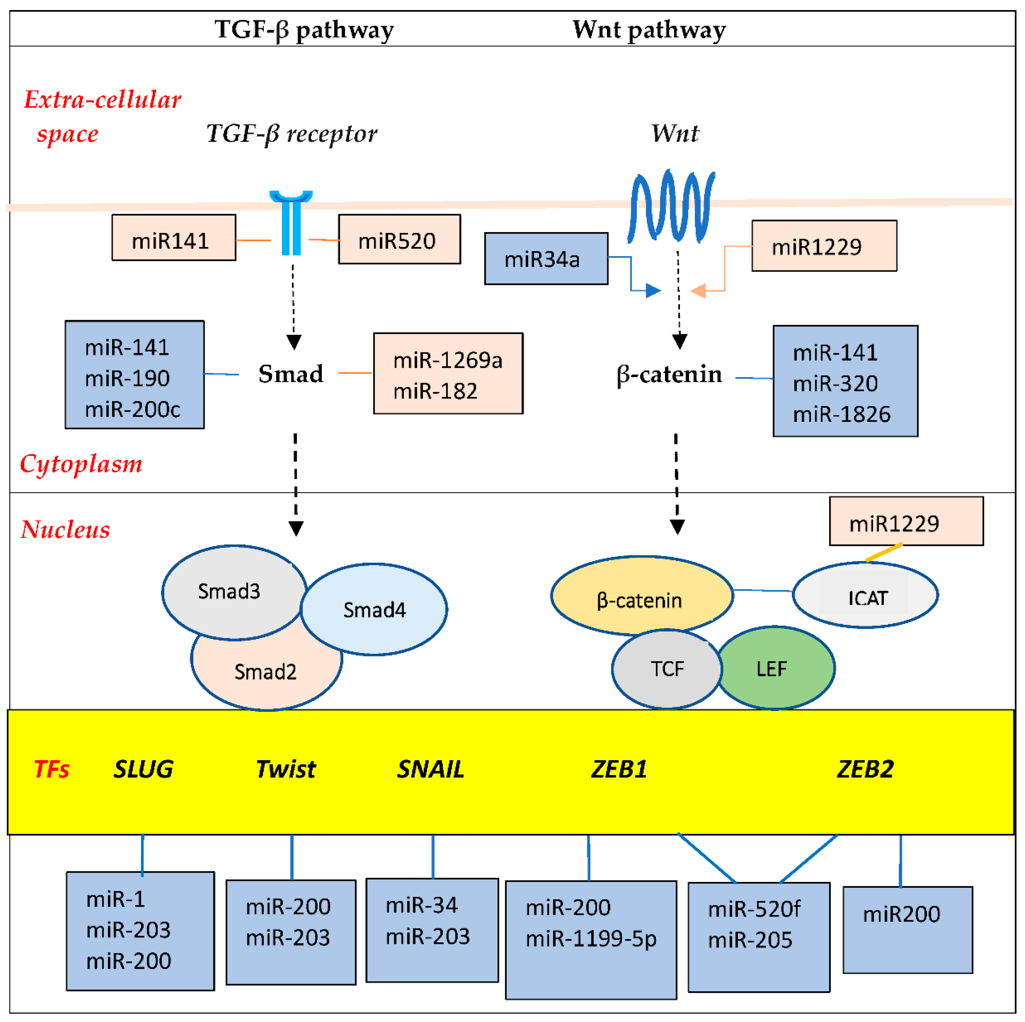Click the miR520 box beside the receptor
399,239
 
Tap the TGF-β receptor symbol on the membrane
291,223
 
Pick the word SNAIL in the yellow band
430,769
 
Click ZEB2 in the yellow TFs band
865,769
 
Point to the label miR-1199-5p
591,938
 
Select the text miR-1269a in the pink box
447,360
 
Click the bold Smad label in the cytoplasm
291,374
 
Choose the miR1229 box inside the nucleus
906,521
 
